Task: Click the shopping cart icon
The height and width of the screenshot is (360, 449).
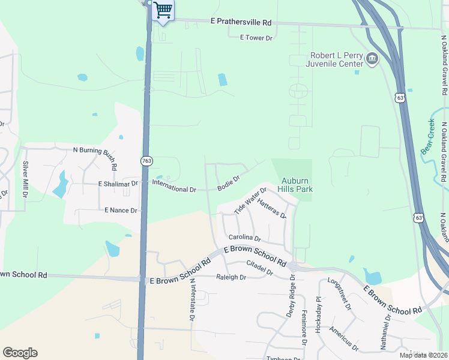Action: pos(163,10)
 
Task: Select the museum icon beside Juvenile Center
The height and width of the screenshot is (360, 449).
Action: pos(372,58)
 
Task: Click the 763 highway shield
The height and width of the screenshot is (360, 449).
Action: pos(146,161)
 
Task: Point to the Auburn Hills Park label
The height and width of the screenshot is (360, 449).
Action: pos(297,184)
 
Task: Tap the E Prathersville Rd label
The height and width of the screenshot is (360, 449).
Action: pos(241,22)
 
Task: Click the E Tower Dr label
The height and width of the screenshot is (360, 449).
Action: pos(256,37)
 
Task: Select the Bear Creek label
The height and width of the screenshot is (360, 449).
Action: pos(429,137)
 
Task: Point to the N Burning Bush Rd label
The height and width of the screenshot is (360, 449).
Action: pos(95,150)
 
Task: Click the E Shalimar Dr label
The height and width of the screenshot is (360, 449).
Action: pos(118,184)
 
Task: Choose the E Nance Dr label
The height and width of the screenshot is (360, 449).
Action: pos(121,211)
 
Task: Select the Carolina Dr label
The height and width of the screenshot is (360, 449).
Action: pos(243,238)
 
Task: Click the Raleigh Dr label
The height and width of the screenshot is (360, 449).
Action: pos(231,277)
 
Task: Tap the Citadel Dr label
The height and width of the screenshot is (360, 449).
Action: pos(259,269)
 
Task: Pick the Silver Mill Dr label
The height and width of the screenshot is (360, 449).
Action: pos(25,180)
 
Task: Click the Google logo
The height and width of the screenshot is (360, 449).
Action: pos(20,353)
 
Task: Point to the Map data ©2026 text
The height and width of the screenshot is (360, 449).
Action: pos(424,355)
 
